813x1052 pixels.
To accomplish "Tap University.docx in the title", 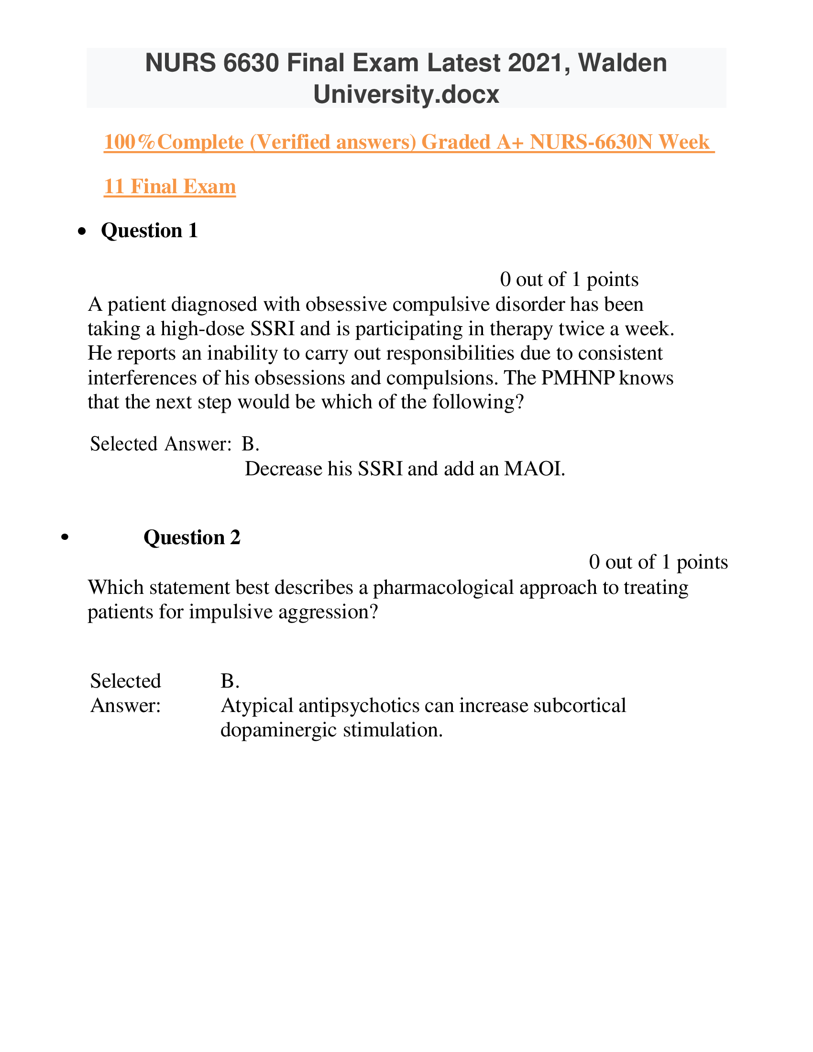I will click(406, 94).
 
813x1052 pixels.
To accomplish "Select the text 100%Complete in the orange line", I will click(174, 142).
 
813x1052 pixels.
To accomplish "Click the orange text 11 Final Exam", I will click(170, 186).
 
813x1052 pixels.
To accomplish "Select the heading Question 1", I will click(149, 231).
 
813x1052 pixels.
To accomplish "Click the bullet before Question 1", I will click(83, 232).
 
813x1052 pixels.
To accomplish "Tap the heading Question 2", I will click(192, 537).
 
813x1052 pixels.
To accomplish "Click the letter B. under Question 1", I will click(250, 444).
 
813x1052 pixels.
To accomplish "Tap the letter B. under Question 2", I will click(230, 681).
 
